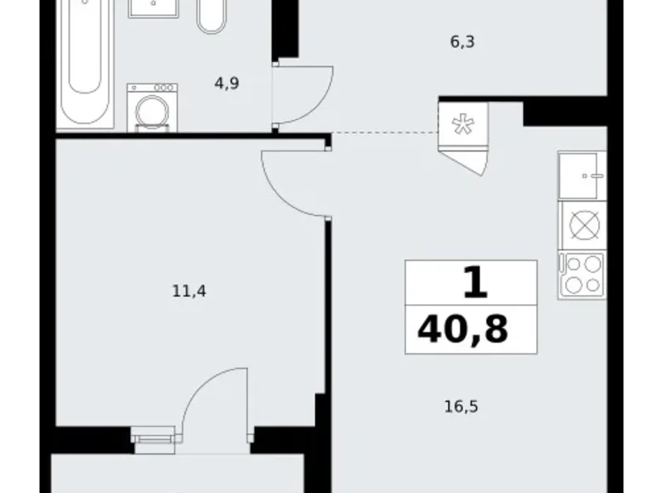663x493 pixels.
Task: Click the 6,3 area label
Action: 462,39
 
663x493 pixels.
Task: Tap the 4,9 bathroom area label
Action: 227,84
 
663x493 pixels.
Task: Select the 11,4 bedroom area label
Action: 189,292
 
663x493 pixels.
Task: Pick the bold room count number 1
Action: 474,282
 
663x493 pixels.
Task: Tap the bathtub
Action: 85,59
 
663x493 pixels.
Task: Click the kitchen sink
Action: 581,176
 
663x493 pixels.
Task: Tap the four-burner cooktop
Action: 581,275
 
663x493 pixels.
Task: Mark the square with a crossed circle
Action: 583,225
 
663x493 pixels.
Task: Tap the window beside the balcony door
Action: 154,438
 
